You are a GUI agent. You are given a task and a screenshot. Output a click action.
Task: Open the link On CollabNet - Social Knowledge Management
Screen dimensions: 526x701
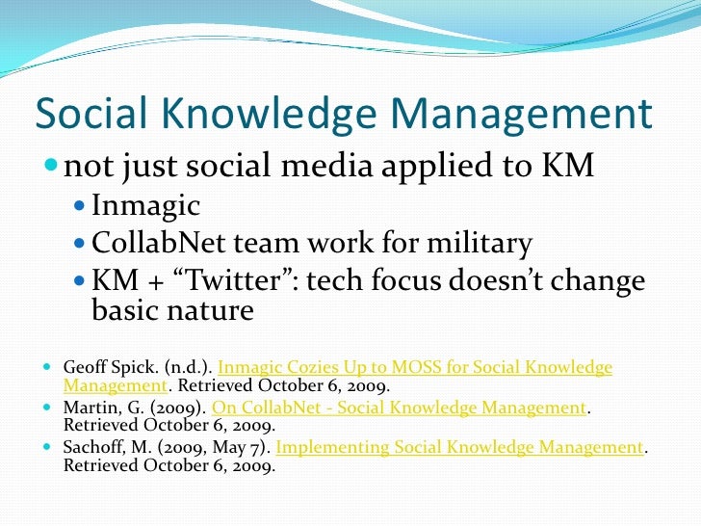pos(399,408)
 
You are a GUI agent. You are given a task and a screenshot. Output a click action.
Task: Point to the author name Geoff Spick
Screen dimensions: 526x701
pos(100,368)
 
